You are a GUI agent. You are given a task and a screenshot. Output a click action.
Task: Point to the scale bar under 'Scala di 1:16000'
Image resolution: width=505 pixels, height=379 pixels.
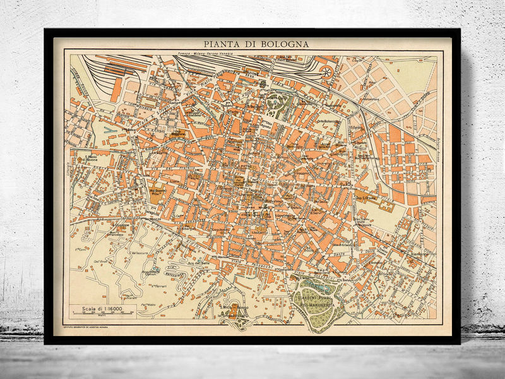coord(104,316)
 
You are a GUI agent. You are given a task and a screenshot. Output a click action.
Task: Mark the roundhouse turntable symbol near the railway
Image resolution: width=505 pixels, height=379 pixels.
coord(326,71)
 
